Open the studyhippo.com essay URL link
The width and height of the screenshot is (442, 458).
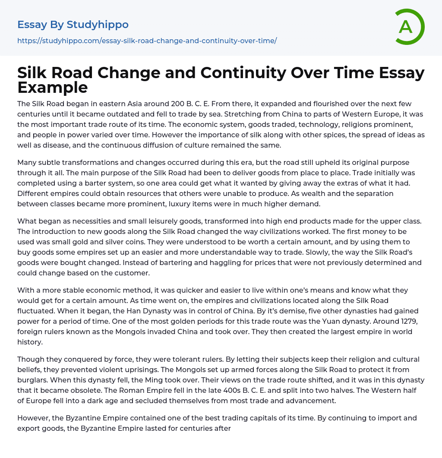point(147,41)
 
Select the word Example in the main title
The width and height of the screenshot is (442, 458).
point(53,87)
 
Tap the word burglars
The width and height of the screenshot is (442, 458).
point(33,380)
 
